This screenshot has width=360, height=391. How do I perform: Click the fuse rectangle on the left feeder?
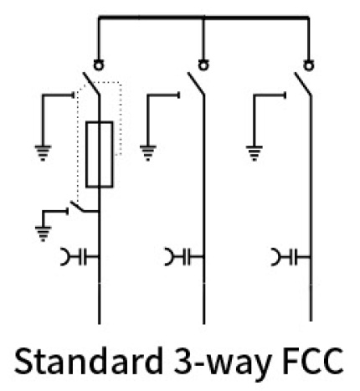(86, 154)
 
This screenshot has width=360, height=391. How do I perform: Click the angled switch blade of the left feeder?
(91, 84)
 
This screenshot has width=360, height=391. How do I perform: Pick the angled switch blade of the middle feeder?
(196, 84)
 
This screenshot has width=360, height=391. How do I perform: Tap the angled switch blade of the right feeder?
(303, 84)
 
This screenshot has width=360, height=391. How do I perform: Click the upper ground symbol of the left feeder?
(43, 153)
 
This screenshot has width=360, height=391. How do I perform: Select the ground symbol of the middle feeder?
(148, 153)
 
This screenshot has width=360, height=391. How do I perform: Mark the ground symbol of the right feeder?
(254, 153)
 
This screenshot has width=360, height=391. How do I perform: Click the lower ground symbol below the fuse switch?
(43, 234)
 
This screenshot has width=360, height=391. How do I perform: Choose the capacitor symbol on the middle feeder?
(185, 256)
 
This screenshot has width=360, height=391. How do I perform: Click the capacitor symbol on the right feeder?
(291, 256)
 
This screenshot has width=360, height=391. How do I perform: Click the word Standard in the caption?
(89, 361)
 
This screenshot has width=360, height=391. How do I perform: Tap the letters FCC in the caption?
(312, 361)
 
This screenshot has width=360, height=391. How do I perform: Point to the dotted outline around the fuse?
(121, 117)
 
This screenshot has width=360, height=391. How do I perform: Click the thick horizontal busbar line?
(203, 18)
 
